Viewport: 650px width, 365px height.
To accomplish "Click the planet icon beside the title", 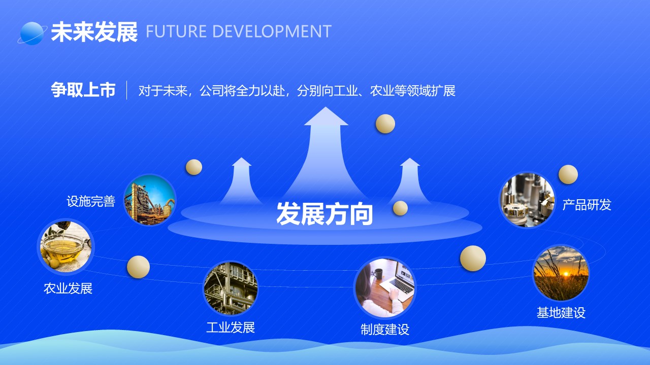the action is [32, 33].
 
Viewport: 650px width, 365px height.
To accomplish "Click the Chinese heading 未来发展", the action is [94, 31].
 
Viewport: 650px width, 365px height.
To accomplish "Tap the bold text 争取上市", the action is [83, 90].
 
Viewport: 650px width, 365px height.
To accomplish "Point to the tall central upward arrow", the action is [326, 154].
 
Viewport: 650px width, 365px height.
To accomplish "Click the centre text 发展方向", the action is [324, 214].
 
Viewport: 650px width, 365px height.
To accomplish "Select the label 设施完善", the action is [91, 201].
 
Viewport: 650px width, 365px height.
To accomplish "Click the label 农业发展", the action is [68, 288].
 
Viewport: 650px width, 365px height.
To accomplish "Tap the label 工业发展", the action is [231, 327].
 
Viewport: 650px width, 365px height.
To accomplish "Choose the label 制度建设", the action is [385, 330].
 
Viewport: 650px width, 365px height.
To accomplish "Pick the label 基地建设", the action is [561, 313].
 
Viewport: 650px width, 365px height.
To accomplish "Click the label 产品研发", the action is [587, 205].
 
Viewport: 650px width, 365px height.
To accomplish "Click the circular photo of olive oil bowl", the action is [66, 246].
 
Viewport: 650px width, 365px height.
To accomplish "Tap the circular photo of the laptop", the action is [385, 287].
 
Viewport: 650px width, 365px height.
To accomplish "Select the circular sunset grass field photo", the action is [561, 273].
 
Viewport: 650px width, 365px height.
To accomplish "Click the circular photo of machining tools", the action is [527, 200].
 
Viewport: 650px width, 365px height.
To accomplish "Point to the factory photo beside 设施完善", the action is [150, 200].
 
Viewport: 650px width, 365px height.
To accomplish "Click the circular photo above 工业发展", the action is [231, 288].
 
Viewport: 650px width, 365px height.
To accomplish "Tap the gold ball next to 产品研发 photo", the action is [568, 174].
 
